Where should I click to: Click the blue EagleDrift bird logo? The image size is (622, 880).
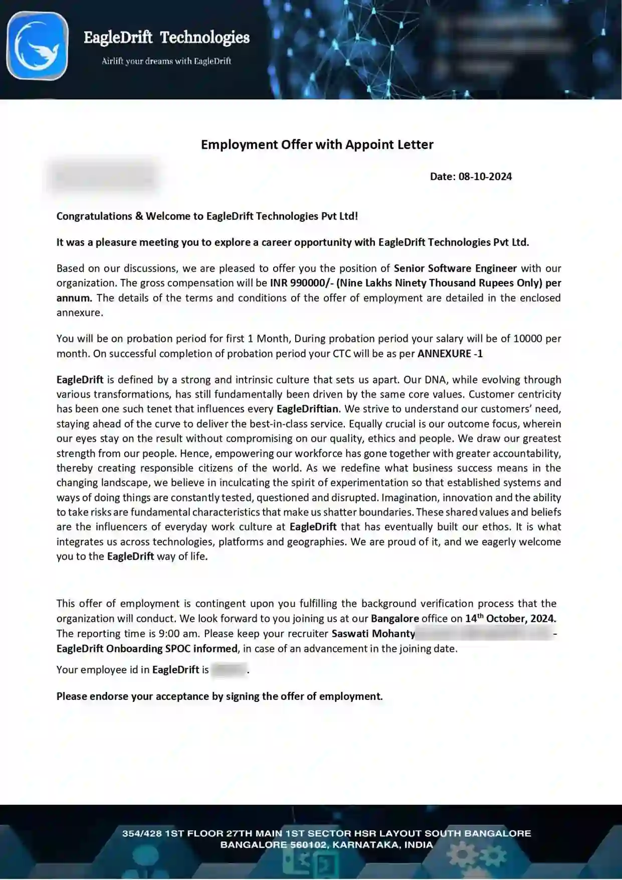click(37, 46)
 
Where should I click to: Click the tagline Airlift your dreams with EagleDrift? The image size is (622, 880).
click(166, 61)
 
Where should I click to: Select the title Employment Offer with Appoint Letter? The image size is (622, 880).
click(317, 144)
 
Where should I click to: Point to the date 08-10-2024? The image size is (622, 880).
click(485, 177)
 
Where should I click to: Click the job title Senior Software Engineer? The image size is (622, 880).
click(455, 268)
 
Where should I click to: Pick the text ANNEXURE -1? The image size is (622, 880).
click(450, 354)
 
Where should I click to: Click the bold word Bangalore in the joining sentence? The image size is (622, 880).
click(394, 618)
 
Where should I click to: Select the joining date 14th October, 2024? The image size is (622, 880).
click(510, 618)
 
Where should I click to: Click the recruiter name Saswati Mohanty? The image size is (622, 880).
click(373, 633)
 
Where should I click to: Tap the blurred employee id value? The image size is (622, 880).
click(229, 670)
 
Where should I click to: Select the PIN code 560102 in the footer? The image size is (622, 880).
click(308, 845)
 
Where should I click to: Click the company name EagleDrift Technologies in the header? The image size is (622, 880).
click(166, 38)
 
